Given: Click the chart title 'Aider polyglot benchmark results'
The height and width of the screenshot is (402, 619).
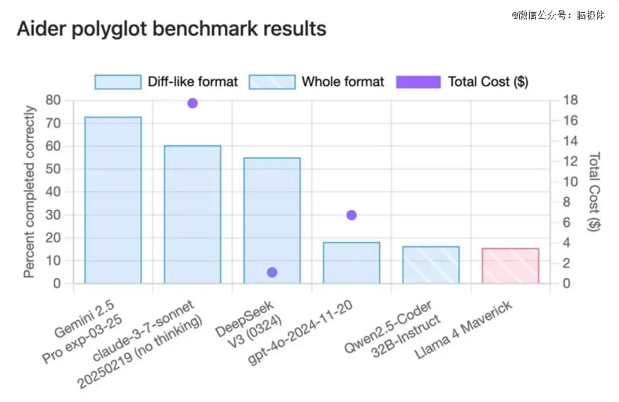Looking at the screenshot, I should [171, 29].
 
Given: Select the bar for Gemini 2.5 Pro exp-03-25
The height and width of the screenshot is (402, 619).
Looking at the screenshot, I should [113, 200].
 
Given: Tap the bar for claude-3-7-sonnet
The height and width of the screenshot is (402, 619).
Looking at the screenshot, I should [192, 214].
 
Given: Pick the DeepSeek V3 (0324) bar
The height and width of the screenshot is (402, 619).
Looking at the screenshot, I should [272, 220].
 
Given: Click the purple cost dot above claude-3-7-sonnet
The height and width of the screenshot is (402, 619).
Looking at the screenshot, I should [192, 103].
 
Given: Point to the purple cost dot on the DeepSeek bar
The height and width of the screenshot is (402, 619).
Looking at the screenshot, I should [272, 272].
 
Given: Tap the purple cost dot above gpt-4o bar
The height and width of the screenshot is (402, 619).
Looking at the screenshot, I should [351, 215].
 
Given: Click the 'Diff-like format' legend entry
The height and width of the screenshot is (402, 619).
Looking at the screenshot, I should [166, 82].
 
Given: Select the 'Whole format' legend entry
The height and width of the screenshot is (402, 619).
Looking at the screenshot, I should [316, 82].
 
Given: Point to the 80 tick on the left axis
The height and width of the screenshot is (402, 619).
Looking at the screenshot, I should [53, 100].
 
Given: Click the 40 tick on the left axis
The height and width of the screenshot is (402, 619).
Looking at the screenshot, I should [53, 192].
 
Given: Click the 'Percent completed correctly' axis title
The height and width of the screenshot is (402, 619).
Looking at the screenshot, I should [29, 192].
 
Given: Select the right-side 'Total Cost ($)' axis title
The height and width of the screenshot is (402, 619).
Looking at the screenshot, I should [594, 192].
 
